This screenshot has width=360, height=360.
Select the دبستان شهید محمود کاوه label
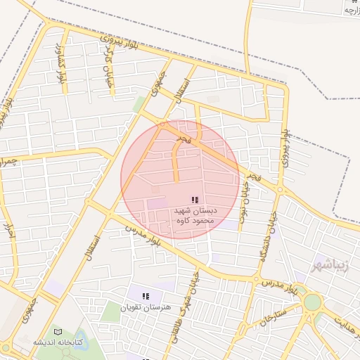(195, 215)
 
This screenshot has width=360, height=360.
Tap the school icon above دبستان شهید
(195, 200)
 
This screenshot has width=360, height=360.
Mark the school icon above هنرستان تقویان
(146, 297)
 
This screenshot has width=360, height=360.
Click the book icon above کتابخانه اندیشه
(58, 331)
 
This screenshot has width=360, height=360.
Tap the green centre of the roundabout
(312, 302)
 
